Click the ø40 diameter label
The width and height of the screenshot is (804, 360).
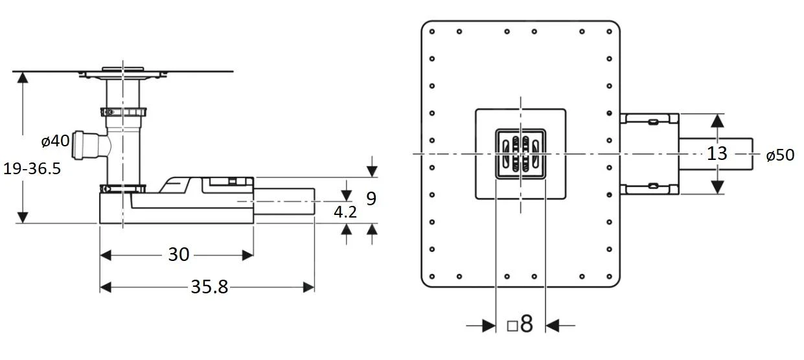[x=55, y=141]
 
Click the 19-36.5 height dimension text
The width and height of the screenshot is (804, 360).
[x=32, y=168]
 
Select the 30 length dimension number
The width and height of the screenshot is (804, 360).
[x=178, y=255]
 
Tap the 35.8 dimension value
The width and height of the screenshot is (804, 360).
[x=209, y=287]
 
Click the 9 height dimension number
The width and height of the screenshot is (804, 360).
[x=371, y=198]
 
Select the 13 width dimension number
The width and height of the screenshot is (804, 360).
[x=717, y=154]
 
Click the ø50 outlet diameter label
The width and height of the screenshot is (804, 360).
[x=780, y=155]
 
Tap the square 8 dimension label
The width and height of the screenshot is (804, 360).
[x=520, y=324]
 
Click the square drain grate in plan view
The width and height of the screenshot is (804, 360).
[x=521, y=154]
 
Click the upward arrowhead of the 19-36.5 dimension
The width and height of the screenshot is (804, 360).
[x=23, y=78]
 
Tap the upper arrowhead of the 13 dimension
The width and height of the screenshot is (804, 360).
[x=717, y=120]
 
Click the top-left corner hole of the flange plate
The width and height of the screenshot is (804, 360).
[x=432, y=31]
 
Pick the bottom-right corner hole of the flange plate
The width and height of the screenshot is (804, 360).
[x=610, y=276]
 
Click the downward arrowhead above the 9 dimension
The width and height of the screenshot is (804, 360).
[x=372, y=171]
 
